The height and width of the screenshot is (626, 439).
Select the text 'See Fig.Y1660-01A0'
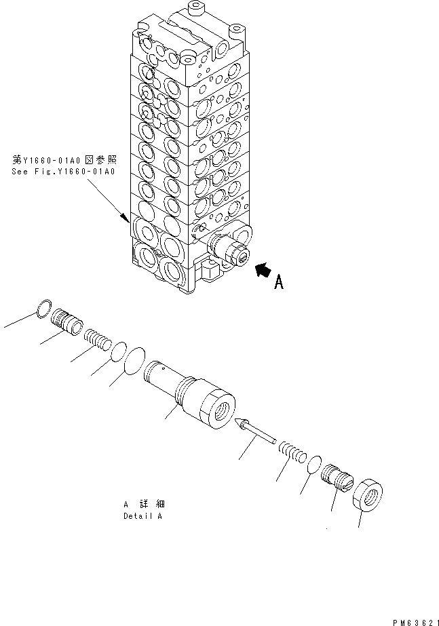63,172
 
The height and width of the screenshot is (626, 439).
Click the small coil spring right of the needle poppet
292,450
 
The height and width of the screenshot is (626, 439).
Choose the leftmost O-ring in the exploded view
43,309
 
